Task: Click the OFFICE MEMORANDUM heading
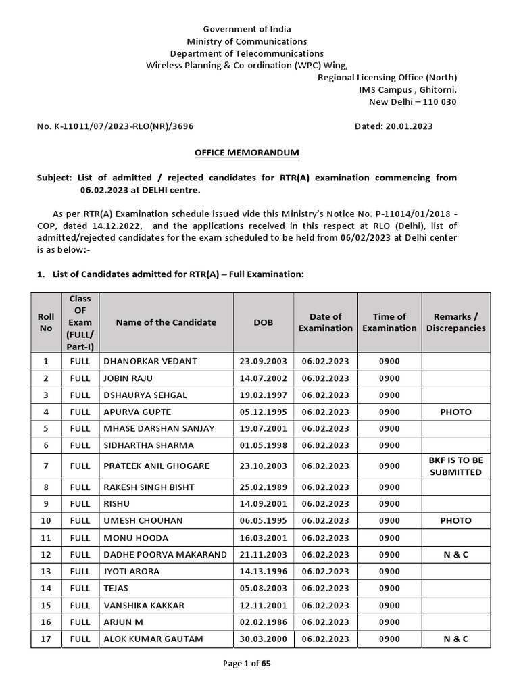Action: coord(247,153)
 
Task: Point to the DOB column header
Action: coord(264,322)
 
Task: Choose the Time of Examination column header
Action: coord(389,322)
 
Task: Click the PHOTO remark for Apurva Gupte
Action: coord(455,412)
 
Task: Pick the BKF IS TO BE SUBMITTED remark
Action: coord(455,466)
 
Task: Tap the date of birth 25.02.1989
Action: coord(264,487)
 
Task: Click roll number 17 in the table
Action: coord(46,639)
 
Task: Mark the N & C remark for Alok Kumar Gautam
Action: coord(455,639)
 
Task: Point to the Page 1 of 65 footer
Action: coord(247,663)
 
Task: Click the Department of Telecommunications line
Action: coord(247,53)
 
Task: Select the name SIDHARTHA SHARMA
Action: coord(148,445)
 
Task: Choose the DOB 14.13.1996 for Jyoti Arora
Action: coord(264,571)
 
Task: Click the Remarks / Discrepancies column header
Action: coord(455,322)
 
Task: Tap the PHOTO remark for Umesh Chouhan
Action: coord(455,521)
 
